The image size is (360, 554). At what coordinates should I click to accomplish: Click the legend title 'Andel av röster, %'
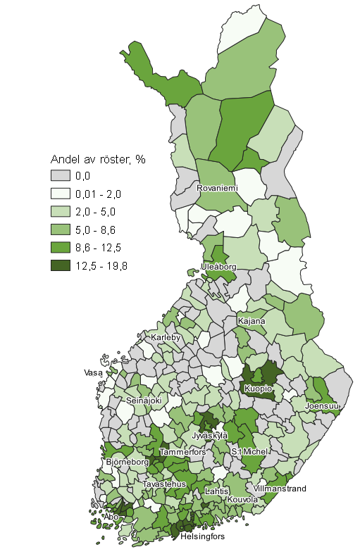click(x=97, y=159)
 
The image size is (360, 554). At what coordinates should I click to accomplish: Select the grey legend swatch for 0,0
click(x=62, y=175)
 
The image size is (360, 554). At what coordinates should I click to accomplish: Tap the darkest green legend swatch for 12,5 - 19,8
click(x=62, y=265)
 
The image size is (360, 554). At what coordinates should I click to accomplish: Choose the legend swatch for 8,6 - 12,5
click(x=62, y=247)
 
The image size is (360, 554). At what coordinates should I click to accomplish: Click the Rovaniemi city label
click(x=218, y=189)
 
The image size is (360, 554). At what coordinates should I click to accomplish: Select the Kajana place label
click(x=252, y=321)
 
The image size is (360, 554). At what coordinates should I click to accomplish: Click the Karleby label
click(x=166, y=337)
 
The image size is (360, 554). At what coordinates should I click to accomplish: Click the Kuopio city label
click(x=258, y=388)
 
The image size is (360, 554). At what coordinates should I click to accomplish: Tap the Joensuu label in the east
click(x=322, y=406)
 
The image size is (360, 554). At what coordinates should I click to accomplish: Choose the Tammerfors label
click(x=183, y=451)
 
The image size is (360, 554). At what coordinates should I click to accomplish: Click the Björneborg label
click(x=128, y=462)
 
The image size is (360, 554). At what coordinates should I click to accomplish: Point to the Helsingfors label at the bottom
click(x=203, y=536)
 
